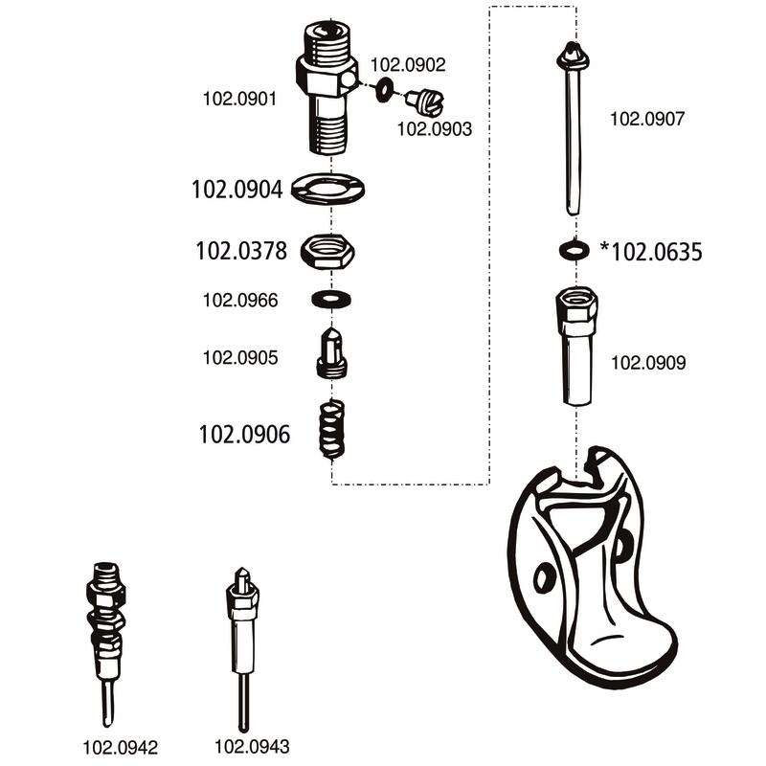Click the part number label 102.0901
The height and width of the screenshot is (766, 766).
240,97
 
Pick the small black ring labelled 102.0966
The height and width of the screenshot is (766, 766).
330,300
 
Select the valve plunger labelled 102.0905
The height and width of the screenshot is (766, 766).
331,352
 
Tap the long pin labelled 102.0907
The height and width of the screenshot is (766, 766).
572,129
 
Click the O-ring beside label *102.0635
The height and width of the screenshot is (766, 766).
572,250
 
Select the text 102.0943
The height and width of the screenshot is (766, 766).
252,747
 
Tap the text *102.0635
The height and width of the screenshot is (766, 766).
651,252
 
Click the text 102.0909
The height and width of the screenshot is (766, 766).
648,363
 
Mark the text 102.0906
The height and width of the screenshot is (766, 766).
244,434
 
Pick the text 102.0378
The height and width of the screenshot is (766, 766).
240,252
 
